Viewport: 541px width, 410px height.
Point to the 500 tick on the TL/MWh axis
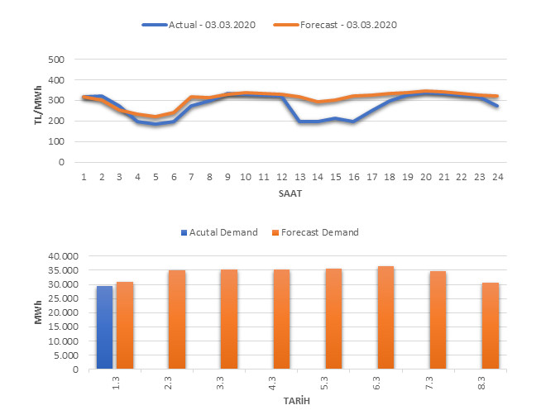point(56,60)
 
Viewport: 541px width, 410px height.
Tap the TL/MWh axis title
point(39,110)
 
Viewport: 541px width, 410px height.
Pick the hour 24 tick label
point(496,176)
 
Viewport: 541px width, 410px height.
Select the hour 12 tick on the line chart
point(282,176)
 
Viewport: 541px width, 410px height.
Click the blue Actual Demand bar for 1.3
point(104,327)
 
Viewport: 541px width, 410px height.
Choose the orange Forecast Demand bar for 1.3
point(125,326)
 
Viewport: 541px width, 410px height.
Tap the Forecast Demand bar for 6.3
point(386,317)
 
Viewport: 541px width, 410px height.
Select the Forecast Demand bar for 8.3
point(491,326)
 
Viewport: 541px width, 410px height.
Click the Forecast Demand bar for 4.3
point(282,319)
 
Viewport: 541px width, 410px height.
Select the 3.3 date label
point(230,384)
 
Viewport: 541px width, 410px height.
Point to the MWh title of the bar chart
point(39,312)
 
